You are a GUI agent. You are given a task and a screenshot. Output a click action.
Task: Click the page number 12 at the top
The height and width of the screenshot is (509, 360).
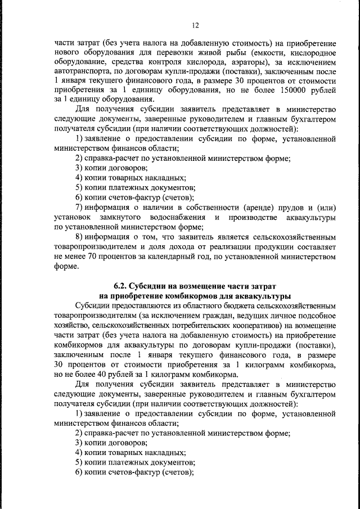pyautogui.click(x=195, y=25)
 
